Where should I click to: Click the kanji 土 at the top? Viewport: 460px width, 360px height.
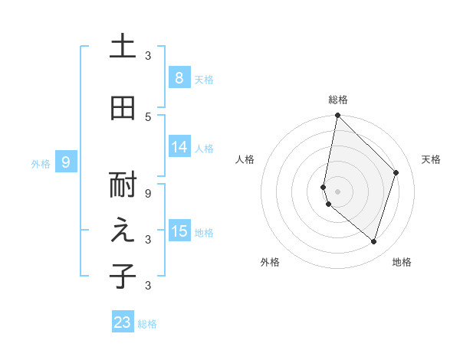[123, 47]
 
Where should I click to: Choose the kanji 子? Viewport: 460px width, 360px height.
[123, 276]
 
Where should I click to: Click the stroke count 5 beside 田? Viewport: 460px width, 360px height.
[148, 116]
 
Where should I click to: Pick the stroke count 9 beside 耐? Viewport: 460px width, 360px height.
[148, 195]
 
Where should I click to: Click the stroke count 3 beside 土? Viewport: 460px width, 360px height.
[148, 56]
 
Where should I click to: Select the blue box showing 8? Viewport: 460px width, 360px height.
[179, 78]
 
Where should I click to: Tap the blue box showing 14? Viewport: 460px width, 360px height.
[179, 147]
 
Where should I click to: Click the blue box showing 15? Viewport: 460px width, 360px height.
[179, 231]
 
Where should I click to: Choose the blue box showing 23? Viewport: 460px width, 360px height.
[123, 322]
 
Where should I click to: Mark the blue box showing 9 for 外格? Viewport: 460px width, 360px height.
[66, 162]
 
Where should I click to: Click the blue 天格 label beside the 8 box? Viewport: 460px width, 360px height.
[204, 79]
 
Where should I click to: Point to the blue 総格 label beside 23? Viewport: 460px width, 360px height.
[147, 324]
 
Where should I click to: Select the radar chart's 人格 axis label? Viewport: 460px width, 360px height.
[245, 159]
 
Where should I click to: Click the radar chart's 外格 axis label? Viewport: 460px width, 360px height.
[270, 262]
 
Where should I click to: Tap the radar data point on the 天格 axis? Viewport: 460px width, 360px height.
[396, 172]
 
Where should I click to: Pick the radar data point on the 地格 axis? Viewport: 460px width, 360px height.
[373, 241]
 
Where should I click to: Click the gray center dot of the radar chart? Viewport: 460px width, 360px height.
[337, 191]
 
